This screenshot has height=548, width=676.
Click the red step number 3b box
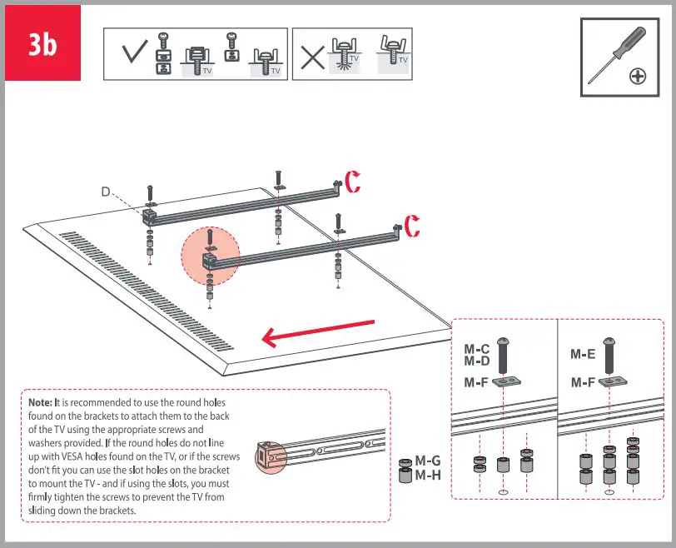(x=42, y=43)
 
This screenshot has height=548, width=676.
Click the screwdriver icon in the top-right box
(x=615, y=54)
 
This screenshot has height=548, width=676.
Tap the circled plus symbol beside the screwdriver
(x=638, y=76)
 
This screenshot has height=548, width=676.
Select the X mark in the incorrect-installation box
(x=312, y=56)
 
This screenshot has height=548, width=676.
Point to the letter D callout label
(x=106, y=192)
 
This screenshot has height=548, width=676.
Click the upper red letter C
(x=353, y=182)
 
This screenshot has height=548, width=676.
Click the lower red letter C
(x=411, y=226)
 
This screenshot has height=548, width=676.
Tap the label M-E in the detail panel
(x=583, y=354)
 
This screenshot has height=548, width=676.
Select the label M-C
(x=477, y=349)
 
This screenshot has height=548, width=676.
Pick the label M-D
(x=477, y=361)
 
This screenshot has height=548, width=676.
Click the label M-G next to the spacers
(x=428, y=461)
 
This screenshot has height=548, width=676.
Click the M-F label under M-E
(x=583, y=382)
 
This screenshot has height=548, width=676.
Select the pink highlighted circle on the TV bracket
(x=210, y=253)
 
